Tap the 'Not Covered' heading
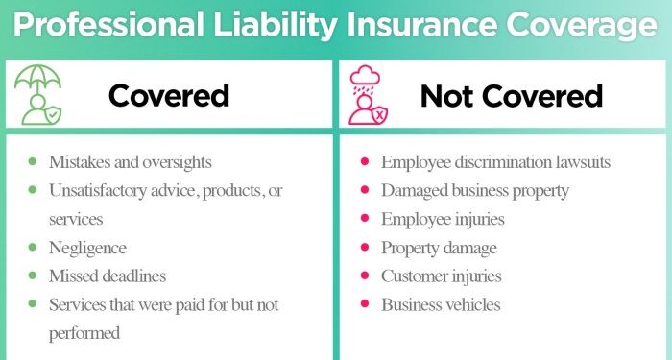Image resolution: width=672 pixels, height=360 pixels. click(511, 95)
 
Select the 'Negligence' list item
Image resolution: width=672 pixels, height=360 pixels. click(87, 248)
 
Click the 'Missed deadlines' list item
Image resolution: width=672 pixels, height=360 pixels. click(108, 276)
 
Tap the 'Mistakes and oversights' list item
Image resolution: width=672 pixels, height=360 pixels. click(131, 162)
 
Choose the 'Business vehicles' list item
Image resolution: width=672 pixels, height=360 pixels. click(440, 305)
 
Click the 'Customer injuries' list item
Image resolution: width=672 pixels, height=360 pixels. click(441, 276)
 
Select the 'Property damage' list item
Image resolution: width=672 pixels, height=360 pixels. click(439, 248)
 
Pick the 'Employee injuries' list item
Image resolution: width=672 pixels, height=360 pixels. click(443, 219)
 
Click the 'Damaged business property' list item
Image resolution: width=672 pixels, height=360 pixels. click(474, 190)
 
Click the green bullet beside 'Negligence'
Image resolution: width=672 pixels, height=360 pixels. click(34, 247)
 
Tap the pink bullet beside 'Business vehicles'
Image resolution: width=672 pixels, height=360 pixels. click(365, 304)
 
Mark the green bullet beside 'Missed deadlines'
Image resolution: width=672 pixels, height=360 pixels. click(34, 276)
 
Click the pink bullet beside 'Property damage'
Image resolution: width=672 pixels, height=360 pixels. click(365, 247)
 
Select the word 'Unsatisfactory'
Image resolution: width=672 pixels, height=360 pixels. click(103, 190)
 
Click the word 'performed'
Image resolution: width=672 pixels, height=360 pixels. click(84, 333)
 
